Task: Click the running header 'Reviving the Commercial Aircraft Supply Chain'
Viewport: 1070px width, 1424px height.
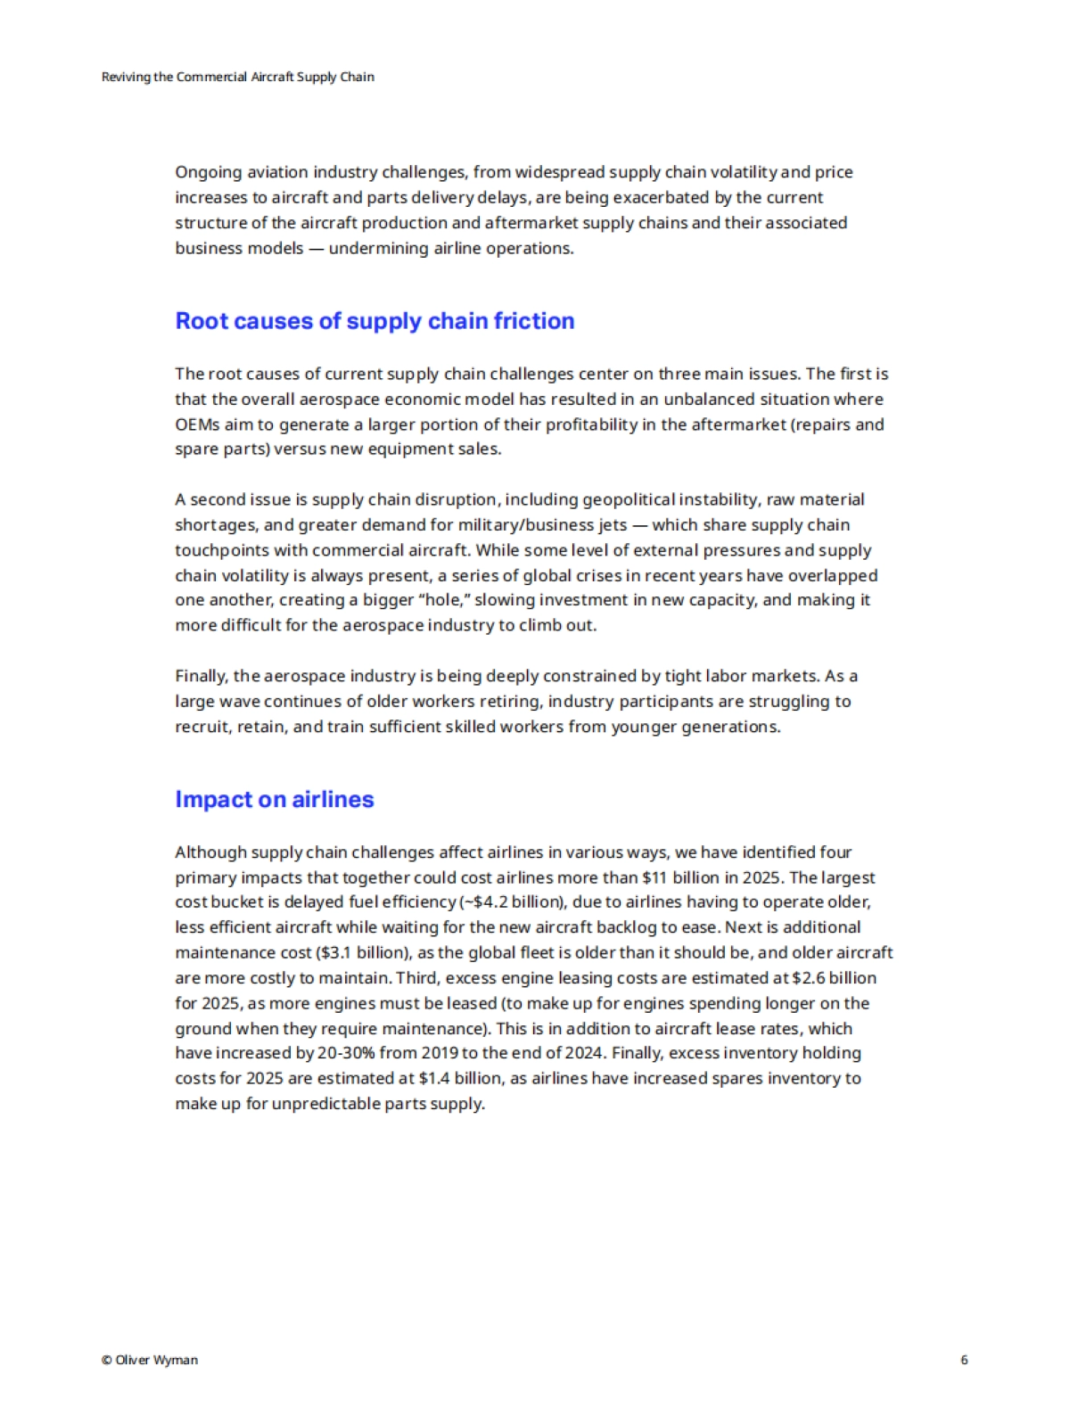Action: pos(238,77)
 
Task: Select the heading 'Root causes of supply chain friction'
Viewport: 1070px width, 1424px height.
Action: pos(374,321)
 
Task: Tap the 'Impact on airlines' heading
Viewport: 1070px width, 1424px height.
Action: pos(275,799)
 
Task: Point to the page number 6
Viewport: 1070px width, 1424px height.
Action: pos(964,1360)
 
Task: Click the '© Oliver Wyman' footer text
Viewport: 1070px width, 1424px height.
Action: pos(150,1360)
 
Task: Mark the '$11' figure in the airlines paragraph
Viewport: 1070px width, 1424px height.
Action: pos(654,877)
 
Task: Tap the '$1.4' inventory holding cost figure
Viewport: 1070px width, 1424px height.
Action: pos(434,1078)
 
